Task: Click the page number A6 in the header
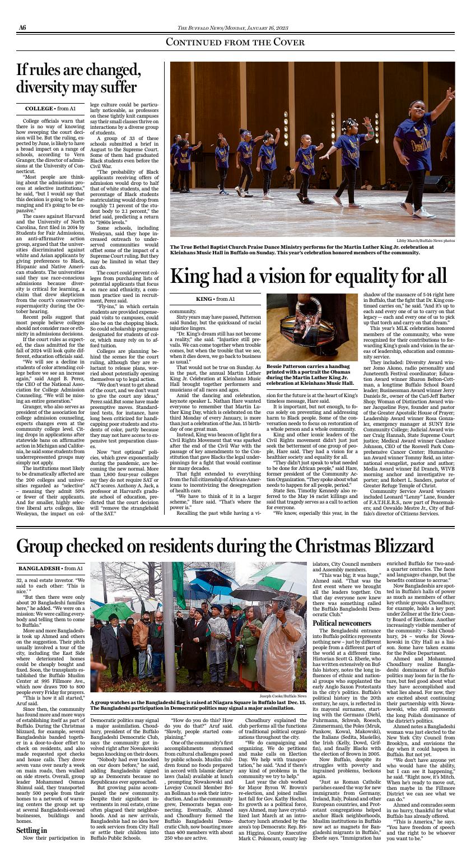[22, 27]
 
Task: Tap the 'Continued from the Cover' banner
[235, 43]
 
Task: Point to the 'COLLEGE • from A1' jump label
[50, 108]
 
